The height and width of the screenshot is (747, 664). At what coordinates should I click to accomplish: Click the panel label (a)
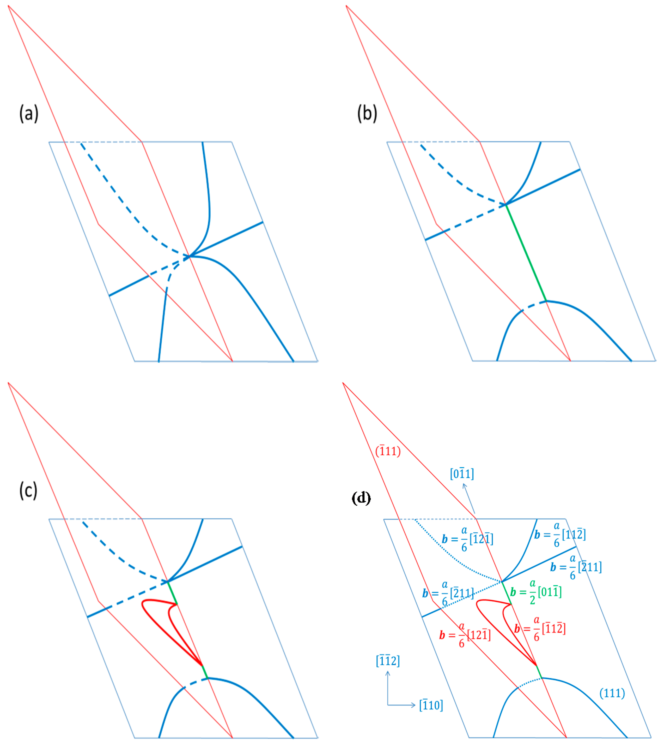[x=29, y=113]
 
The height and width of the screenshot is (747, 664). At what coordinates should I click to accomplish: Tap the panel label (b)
[x=367, y=113]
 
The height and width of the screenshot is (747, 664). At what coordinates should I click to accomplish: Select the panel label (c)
[x=28, y=490]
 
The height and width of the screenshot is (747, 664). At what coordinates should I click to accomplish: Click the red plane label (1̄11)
[x=388, y=451]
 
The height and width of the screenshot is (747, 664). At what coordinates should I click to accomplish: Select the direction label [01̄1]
[x=462, y=474]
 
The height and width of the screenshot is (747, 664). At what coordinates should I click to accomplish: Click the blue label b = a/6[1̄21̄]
[x=467, y=539]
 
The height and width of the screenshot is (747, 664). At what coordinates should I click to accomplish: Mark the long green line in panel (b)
[x=526, y=252]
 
